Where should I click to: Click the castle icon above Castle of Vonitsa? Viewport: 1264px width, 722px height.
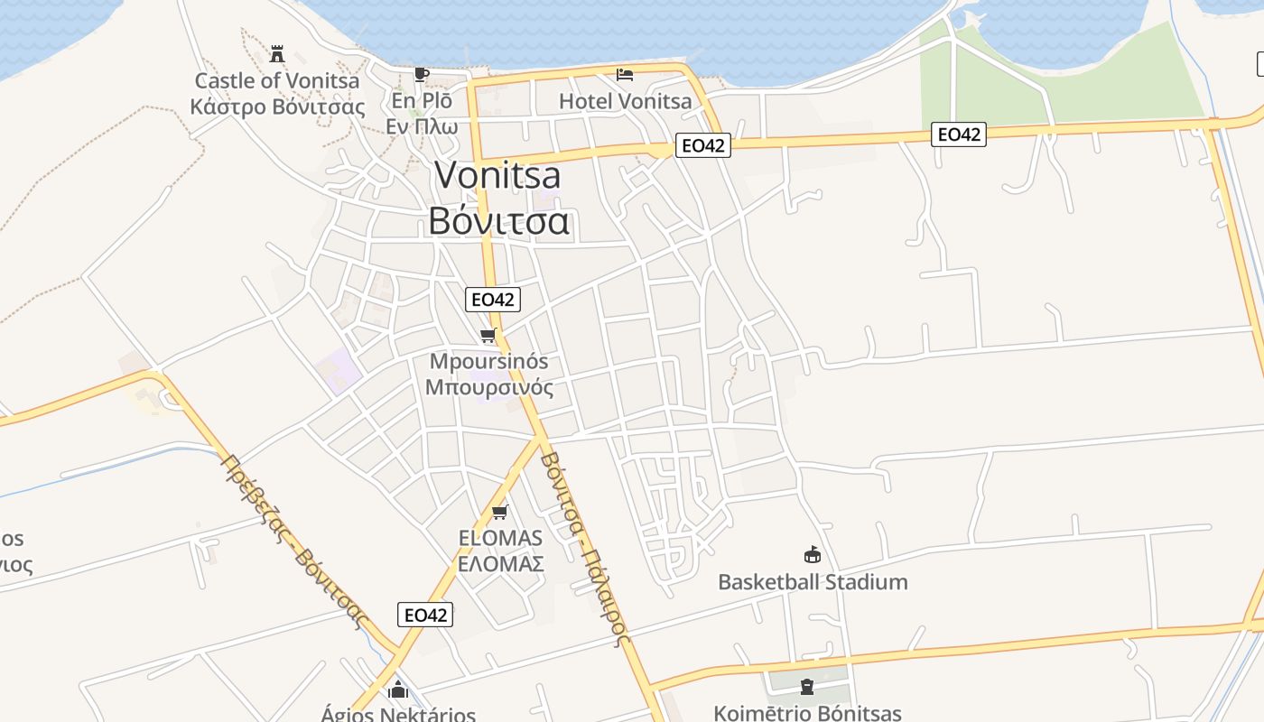pos(277,53)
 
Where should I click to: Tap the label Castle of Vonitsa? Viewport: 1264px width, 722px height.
pos(277,80)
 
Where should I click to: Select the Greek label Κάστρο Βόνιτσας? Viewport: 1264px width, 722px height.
pos(277,106)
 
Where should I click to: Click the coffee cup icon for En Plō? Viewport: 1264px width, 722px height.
pos(421,74)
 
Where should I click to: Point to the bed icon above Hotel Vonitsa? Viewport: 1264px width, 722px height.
pos(625,74)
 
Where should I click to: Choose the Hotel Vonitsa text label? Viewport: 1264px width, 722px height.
pos(625,100)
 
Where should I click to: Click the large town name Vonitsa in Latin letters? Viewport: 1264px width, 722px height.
pos(497,175)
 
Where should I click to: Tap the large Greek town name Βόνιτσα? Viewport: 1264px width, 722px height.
pos(498,220)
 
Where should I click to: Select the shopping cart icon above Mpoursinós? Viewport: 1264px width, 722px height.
pos(488,336)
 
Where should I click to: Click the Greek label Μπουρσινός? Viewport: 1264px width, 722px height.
pos(488,388)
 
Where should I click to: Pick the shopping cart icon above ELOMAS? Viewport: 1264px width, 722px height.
pos(499,513)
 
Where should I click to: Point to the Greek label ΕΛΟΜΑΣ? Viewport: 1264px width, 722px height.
pos(500,564)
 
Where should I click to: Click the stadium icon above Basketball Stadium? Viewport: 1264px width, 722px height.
pos(813,554)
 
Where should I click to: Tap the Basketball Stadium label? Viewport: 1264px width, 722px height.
pos(813,581)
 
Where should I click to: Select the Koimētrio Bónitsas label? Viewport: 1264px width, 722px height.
pos(806,713)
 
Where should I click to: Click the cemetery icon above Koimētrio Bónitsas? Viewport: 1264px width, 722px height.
pos(806,688)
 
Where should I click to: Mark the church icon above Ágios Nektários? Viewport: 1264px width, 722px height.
pos(397,691)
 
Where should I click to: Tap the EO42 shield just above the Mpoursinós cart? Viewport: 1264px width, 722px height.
pos(493,299)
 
